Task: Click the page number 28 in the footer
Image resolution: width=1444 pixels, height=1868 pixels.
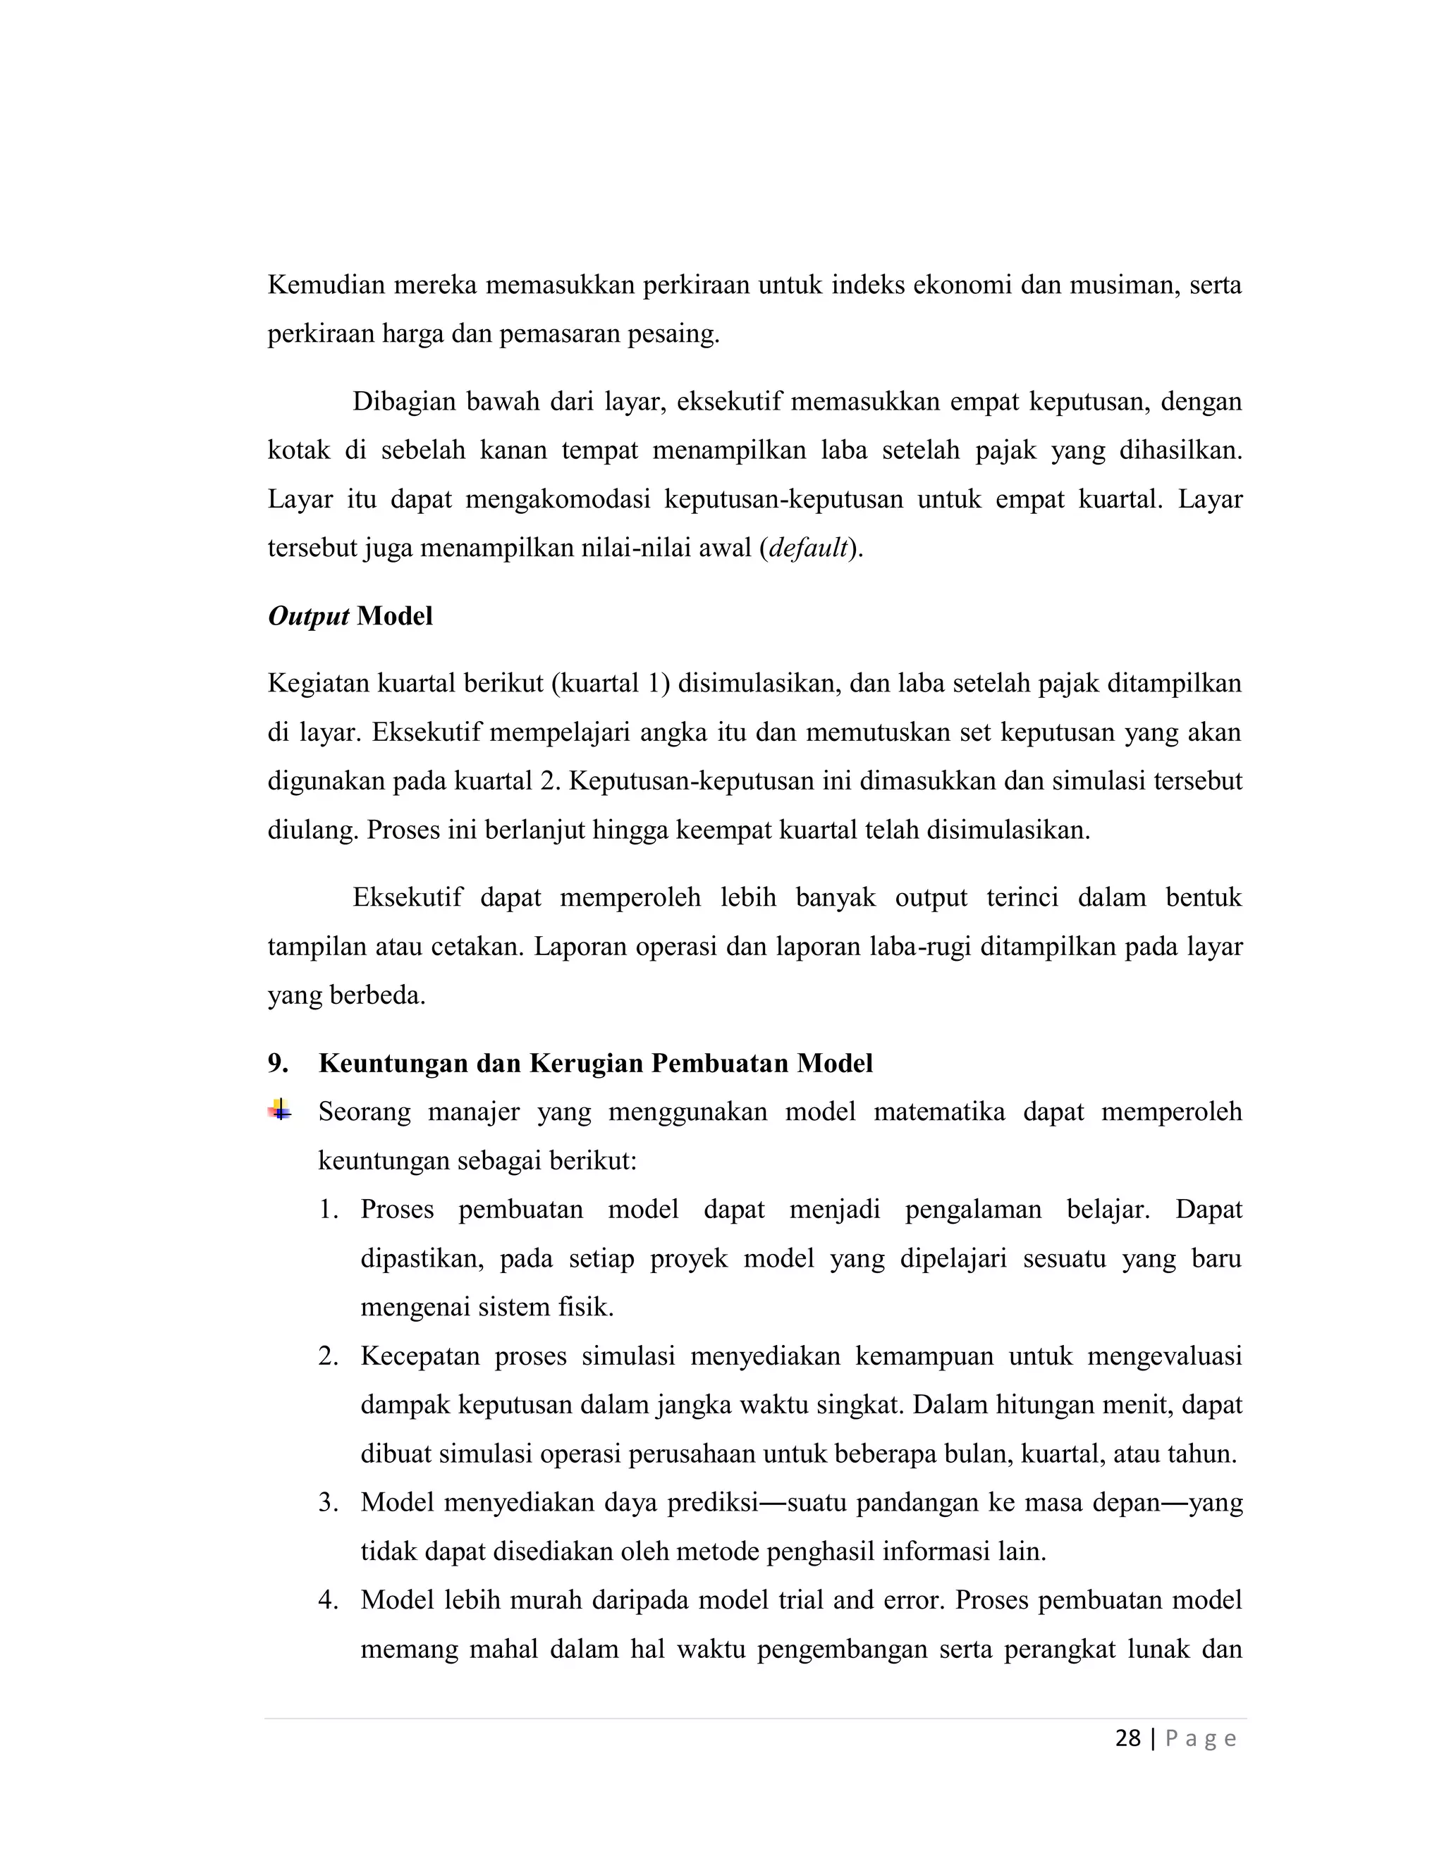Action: [1127, 1738]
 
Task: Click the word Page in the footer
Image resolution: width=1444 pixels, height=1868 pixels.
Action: [1200, 1740]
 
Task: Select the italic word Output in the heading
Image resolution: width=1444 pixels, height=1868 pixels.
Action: [308, 617]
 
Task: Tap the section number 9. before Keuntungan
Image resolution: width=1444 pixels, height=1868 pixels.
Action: [278, 1063]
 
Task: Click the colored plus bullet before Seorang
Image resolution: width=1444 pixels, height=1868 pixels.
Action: [279, 1111]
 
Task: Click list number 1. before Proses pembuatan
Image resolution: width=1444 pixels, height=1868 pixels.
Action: [329, 1210]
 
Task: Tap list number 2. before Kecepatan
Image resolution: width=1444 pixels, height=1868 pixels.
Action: [329, 1356]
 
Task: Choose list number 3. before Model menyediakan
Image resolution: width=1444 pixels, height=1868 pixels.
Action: [329, 1503]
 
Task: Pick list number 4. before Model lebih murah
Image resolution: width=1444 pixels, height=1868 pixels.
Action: [329, 1600]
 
